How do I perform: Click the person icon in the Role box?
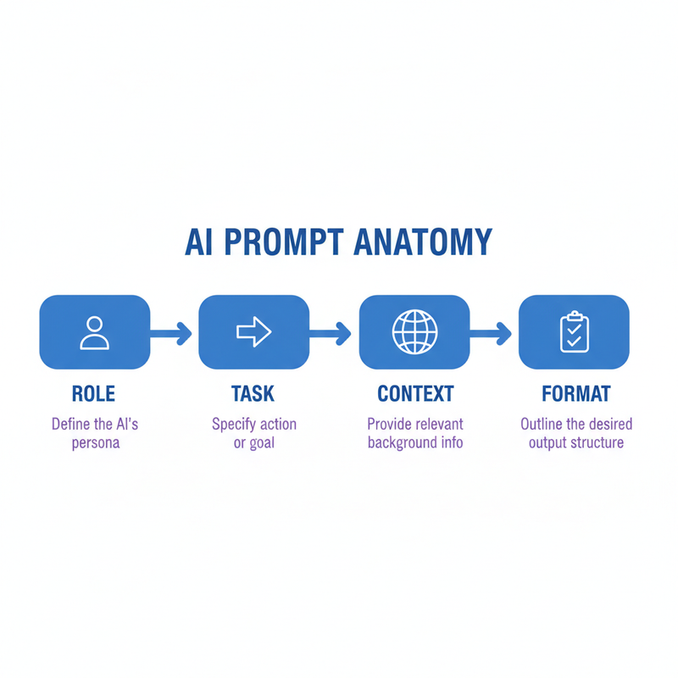pyautogui.click(x=94, y=332)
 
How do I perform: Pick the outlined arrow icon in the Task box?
pyautogui.click(x=253, y=332)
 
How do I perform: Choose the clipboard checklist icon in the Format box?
pyautogui.click(x=573, y=332)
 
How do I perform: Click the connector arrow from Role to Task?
pyautogui.click(x=173, y=333)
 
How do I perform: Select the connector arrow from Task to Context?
pyautogui.click(x=332, y=333)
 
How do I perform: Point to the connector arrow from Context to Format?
pyautogui.click(x=493, y=333)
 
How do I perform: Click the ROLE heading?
pyautogui.click(x=94, y=394)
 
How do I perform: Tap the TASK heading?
pyautogui.click(x=253, y=394)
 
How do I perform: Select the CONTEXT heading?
pyautogui.click(x=415, y=394)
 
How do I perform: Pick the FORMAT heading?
pyautogui.click(x=576, y=394)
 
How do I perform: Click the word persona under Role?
pyautogui.click(x=94, y=443)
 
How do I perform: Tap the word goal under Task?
pyautogui.click(x=262, y=443)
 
